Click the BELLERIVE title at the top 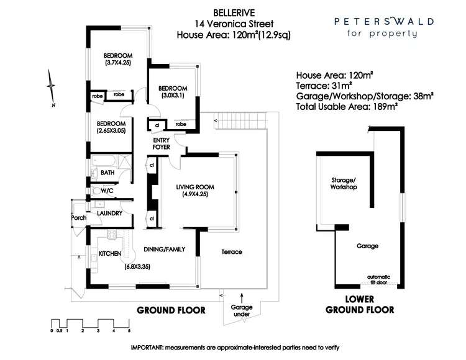coord(232,11)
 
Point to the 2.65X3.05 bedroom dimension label coord(111,131)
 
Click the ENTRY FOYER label coord(162,144)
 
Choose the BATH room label coord(107,173)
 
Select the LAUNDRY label coord(109,214)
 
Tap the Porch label coord(79,218)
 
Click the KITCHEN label coord(110,254)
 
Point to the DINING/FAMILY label coord(165,250)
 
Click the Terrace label coord(231,251)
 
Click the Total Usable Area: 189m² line coord(347,107)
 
